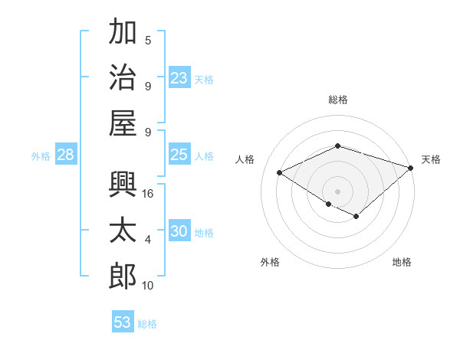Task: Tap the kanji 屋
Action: point(123,123)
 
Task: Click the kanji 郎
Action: point(123,276)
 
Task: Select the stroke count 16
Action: point(148,194)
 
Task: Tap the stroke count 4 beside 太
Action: point(148,240)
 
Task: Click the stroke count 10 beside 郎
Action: point(148,285)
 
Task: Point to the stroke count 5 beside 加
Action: point(148,41)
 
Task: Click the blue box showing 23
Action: point(179,77)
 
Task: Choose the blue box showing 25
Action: point(179,155)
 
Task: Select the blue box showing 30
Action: point(179,231)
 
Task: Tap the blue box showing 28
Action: point(65,155)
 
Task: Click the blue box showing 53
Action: point(123,322)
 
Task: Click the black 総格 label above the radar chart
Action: point(337,100)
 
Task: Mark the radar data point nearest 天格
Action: point(412,168)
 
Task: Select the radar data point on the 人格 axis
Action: point(280,173)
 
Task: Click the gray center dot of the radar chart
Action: point(337,191)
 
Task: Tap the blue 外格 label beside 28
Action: point(41,156)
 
